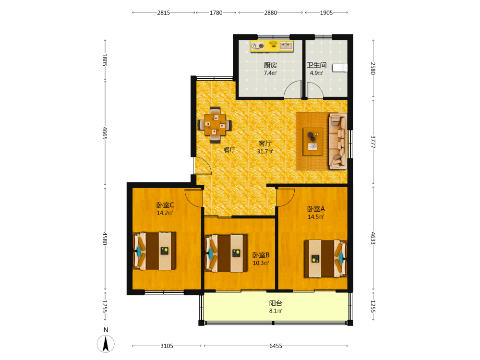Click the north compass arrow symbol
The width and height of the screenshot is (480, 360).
point(106,344)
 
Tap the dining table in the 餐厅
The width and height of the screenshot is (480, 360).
point(215,125)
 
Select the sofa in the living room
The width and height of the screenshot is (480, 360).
point(338,141)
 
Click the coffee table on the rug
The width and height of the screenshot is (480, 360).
point(313,142)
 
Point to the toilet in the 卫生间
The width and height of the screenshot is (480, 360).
point(340,68)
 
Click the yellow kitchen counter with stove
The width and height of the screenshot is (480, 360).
point(272,46)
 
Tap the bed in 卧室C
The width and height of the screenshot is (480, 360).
point(154,251)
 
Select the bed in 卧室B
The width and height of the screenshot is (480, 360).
point(226,253)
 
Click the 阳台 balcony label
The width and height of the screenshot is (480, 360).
point(276,303)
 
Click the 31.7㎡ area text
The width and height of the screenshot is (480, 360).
point(265,152)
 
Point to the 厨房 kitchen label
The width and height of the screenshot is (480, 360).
point(270,65)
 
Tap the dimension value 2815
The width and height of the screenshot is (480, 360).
point(164,13)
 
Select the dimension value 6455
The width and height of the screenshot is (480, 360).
point(276,346)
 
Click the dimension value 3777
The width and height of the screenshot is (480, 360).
point(373,142)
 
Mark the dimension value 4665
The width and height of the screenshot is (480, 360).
point(105,133)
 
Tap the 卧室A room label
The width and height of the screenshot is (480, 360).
point(316,209)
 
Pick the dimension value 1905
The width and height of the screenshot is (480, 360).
point(326,13)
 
